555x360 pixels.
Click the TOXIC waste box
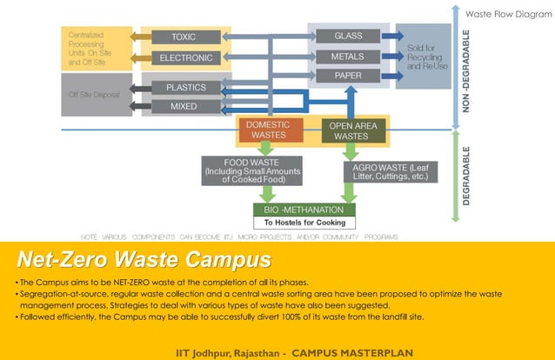pos(184,37)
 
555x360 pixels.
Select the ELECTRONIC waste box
pos(184,58)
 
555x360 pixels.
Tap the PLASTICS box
pos(184,87)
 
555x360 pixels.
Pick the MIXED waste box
pos(184,106)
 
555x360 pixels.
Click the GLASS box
pos(348,37)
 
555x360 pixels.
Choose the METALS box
pos(348,57)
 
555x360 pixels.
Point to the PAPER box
pos(348,77)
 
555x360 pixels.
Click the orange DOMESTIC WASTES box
pos(269,130)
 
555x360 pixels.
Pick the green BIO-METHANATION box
pos(304,210)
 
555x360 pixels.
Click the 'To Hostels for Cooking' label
pos(304,223)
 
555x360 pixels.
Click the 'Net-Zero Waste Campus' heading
pos(144,261)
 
